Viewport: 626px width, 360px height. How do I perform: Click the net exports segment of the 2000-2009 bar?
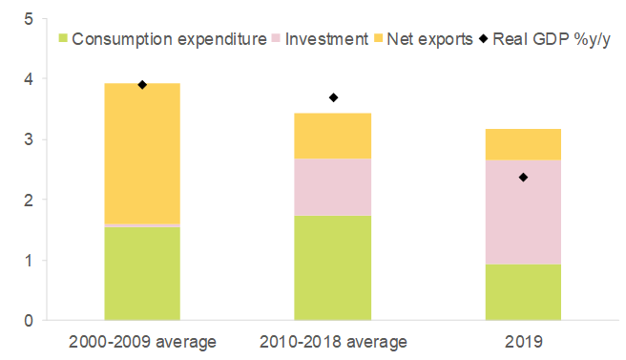(x=142, y=153)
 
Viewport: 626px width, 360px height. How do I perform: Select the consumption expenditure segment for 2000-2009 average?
(x=142, y=273)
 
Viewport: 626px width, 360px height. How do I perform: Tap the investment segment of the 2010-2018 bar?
(x=333, y=186)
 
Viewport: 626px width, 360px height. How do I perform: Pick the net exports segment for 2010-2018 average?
(x=333, y=136)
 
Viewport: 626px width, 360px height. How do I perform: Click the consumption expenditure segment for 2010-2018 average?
(x=333, y=267)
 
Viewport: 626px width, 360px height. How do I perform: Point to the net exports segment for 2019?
(x=523, y=144)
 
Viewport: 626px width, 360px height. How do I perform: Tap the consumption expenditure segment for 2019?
(x=523, y=291)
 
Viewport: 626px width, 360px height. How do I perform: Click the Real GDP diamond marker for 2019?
(x=523, y=177)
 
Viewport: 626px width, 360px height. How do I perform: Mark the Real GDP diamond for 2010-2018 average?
(x=333, y=97)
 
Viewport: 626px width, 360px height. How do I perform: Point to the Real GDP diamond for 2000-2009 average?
(x=142, y=85)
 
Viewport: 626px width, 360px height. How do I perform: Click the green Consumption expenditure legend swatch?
(x=62, y=39)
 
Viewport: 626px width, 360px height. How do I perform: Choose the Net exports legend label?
(x=433, y=39)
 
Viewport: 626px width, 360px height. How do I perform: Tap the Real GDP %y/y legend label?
(x=551, y=39)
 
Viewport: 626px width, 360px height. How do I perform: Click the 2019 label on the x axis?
(x=523, y=341)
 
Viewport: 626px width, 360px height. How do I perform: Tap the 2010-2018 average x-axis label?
(x=333, y=341)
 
